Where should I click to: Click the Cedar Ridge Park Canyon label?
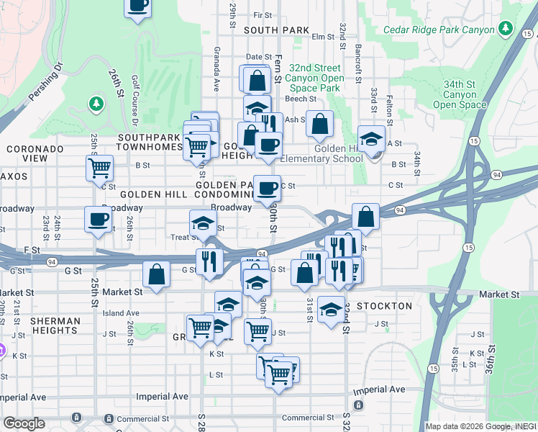439,30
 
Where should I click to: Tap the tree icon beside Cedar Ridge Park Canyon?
506,29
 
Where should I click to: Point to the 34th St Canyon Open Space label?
460,94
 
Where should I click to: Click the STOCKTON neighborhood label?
383,306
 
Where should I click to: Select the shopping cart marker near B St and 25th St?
99,168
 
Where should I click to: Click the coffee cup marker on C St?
268,189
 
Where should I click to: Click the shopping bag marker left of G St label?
156,274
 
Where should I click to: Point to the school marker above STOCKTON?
330,309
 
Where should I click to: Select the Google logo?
24,423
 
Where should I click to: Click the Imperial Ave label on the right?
378,390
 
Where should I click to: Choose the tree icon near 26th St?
96,104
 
